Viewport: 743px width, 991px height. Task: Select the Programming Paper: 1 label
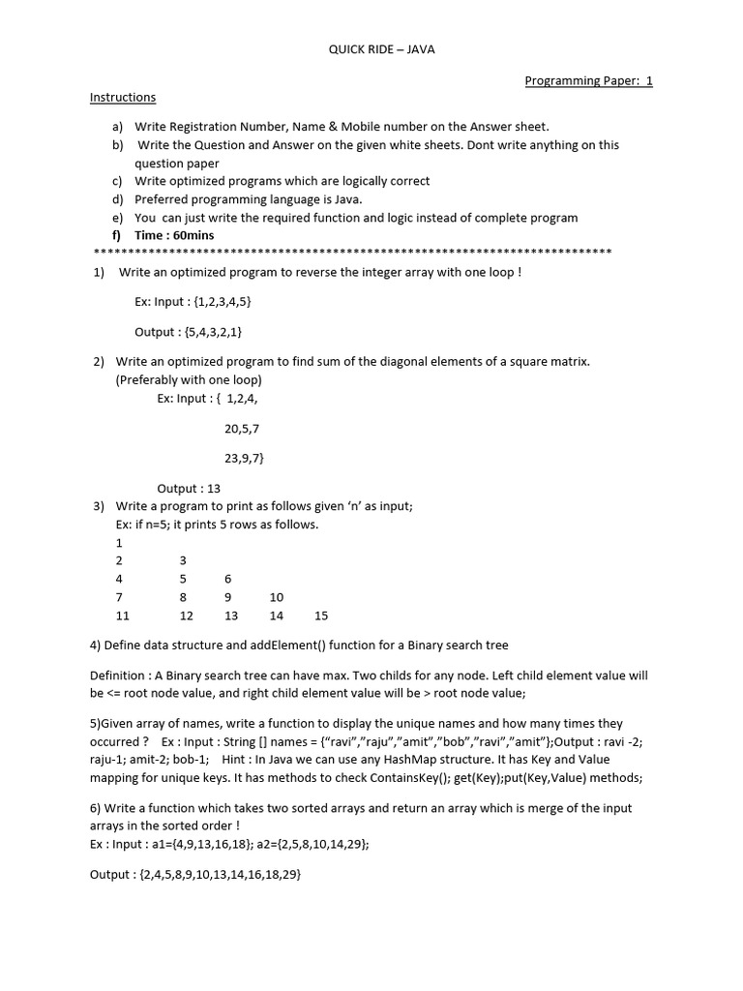(x=588, y=80)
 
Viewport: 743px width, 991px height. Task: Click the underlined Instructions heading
(x=123, y=98)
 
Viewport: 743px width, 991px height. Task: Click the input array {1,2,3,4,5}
(x=223, y=302)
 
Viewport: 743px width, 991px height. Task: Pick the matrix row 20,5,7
(x=242, y=428)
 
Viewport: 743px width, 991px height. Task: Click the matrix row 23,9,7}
(x=244, y=458)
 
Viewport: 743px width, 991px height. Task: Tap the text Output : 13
(x=189, y=489)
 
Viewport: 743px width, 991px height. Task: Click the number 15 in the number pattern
(x=321, y=616)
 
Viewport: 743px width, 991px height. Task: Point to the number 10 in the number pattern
(x=277, y=597)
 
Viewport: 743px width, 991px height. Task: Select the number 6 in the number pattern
(x=228, y=579)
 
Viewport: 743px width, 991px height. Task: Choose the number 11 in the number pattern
(x=122, y=616)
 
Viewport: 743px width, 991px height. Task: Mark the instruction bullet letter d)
(x=118, y=199)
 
